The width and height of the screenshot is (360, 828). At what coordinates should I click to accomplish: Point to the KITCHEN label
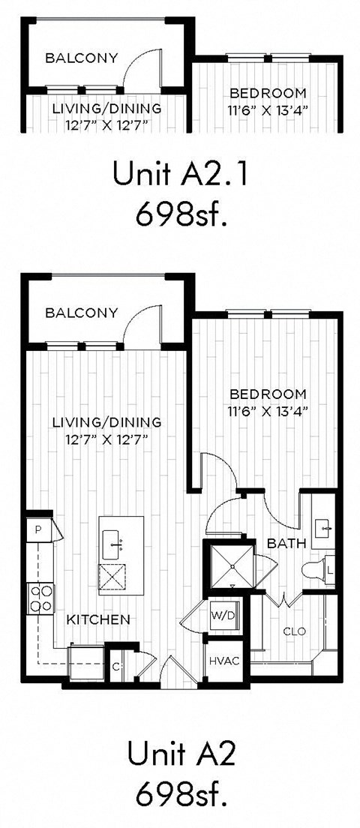[98, 619]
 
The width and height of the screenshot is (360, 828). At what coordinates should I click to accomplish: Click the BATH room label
[283, 542]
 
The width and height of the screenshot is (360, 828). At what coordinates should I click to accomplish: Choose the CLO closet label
[294, 631]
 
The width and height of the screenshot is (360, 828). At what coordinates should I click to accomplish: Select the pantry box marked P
[37, 529]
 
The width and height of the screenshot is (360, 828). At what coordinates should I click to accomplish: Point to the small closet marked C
[116, 665]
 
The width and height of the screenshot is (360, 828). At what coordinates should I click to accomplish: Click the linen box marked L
[330, 571]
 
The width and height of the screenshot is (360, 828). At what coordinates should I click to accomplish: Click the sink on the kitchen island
[115, 539]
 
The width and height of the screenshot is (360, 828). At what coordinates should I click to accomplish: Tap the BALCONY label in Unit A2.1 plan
[81, 57]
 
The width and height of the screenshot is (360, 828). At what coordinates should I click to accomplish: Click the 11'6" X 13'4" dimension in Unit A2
[268, 410]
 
